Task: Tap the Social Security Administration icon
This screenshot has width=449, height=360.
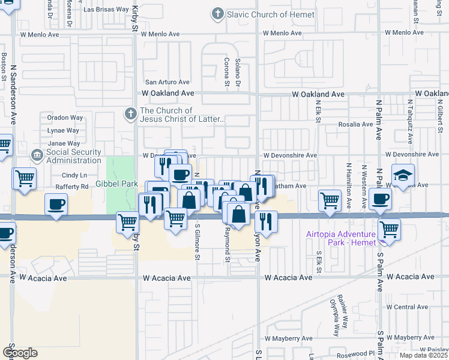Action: pos(38,156)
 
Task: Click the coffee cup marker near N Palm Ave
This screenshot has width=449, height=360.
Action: pos(379,199)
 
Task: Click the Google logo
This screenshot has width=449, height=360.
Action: pos(20,352)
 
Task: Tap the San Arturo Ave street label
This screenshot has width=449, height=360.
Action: pos(168,82)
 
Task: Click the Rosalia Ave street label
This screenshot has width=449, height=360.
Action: pos(355,124)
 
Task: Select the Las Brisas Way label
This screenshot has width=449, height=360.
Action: pos(106,10)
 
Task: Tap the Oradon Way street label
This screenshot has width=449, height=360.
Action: pos(65,118)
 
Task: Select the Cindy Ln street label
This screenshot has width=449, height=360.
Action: pos(74,175)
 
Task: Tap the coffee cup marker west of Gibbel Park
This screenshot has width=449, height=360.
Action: pos(56,205)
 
